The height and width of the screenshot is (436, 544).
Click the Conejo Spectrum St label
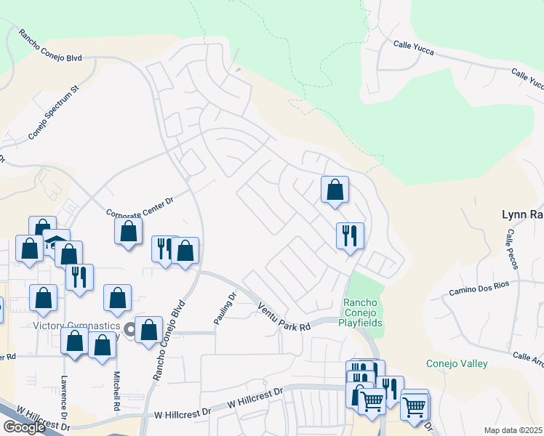pyautogui.click(x=53, y=114)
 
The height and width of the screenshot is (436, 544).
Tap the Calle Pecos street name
pyautogui.click(x=511, y=249)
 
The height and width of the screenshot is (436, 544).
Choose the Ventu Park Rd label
pyautogui.click(x=284, y=318)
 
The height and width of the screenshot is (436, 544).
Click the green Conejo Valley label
pyautogui.click(x=457, y=363)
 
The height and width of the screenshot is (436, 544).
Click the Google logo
pyautogui.click(x=23, y=427)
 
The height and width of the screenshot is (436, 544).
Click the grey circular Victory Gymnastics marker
pyautogui.click(x=131, y=331)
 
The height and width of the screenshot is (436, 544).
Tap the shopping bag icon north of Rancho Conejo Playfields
pyautogui.click(x=335, y=190)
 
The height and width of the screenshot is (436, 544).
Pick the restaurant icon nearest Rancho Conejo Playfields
pyautogui.click(x=350, y=235)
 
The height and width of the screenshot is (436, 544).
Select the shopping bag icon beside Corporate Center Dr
pyautogui.click(x=128, y=231)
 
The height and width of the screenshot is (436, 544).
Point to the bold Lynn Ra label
pyautogui.click(x=522, y=214)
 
